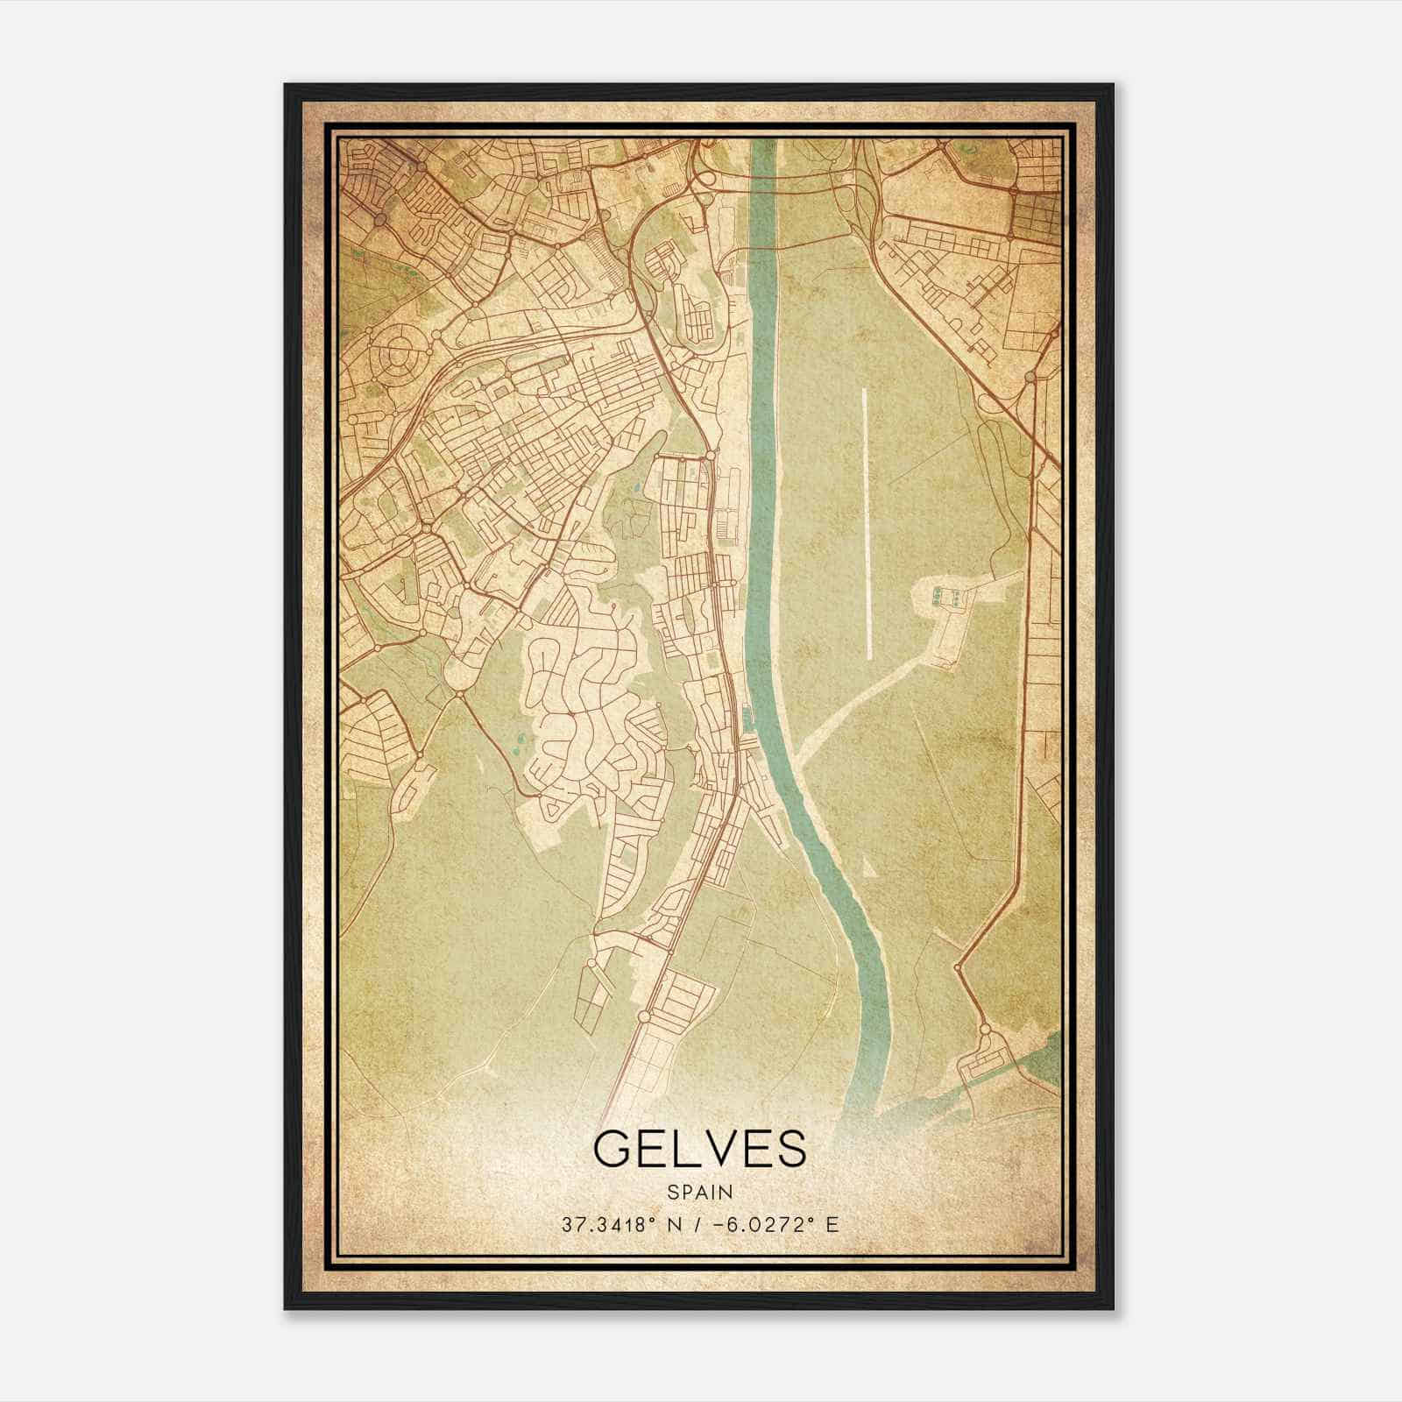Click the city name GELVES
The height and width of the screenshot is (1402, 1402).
coord(699,1149)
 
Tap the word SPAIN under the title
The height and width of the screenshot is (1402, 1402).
coord(699,1192)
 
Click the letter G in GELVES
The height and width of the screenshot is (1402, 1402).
coord(613,1149)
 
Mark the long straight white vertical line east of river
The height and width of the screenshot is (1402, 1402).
coord(867,524)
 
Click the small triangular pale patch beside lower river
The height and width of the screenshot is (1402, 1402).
coord(867,868)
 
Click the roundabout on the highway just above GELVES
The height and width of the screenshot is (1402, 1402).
coord(644,1016)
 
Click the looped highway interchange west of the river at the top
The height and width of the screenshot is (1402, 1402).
coord(701,180)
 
